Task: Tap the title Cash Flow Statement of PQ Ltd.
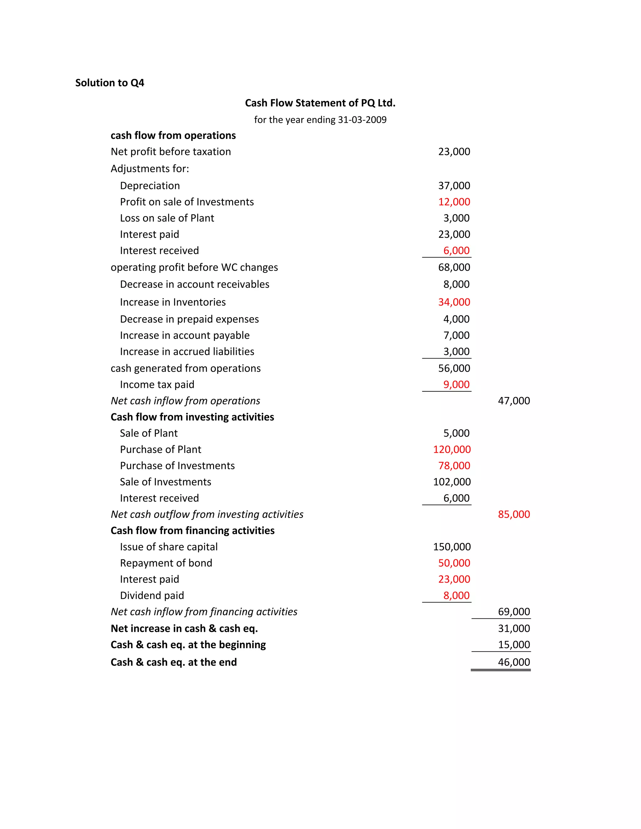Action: point(320,103)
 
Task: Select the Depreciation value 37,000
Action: point(454,186)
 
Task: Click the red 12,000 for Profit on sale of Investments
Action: point(454,202)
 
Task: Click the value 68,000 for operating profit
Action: point(454,267)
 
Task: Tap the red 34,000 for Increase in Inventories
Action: point(454,302)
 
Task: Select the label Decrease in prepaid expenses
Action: point(189,319)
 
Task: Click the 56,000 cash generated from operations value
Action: point(454,368)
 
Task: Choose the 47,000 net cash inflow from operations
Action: point(514,401)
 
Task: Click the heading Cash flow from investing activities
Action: point(192,417)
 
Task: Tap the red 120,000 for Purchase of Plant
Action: point(452,450)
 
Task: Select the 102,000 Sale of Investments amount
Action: point(452,482)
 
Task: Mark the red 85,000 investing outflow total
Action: point(514,514)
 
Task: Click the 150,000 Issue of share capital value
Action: point(452,547)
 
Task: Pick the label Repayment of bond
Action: point(166,563)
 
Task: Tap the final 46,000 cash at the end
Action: point(514,662)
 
